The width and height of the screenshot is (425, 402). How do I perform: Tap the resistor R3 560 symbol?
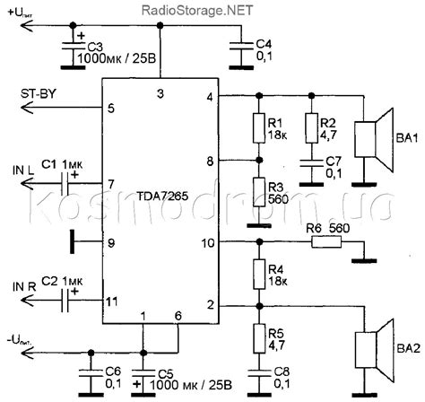pos(258,192)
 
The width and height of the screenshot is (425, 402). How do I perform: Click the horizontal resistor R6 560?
pos(315,243)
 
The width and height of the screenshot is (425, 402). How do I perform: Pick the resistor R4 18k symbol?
pos(258,274)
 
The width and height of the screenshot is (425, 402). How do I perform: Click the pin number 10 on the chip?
pos(209,243)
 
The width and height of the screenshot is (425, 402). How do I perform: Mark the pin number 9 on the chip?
pos(111,242)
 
